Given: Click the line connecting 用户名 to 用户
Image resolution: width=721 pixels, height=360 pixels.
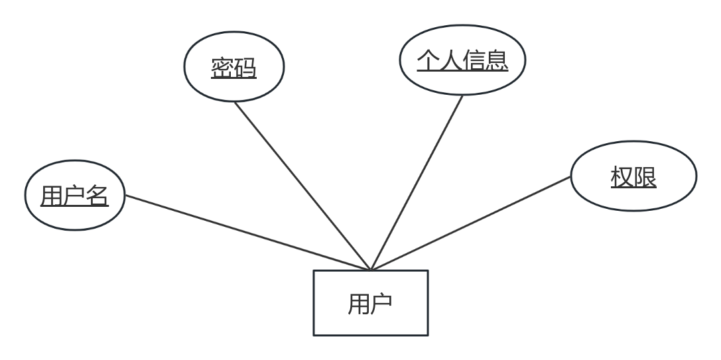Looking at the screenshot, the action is [x=248, y=232].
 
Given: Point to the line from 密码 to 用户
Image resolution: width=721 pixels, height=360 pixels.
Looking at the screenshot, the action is [x=302, y=186].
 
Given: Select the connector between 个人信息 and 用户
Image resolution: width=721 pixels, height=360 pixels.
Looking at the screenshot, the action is [x=417, y=182].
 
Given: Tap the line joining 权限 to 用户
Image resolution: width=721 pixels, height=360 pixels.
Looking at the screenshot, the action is [x=471, y=223].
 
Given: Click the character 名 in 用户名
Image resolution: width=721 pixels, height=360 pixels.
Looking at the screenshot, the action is [x=97, y=196].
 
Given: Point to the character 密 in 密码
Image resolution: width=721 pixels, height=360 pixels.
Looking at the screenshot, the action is [x=222, y=68].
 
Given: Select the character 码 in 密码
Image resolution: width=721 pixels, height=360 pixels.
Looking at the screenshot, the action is [x=245, y=68].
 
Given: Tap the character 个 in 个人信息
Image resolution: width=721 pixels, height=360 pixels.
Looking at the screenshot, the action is [x=428, y=60].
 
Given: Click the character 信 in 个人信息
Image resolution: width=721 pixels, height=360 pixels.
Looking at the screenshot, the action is [x=474, y=60].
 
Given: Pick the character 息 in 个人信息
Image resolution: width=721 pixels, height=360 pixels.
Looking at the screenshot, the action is [x=497, y=60].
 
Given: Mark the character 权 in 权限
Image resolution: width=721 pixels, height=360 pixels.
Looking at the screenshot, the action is [x=622, y=177].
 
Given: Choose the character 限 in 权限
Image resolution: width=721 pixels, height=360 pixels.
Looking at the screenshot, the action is [x=645, y=177].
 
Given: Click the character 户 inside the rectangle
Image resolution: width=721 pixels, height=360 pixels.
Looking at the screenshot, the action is [x=381, y=304].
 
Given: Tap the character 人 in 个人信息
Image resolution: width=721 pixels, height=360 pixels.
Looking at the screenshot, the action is [x=451, y=60].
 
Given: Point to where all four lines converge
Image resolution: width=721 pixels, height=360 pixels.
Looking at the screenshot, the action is [x=371, y=269].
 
